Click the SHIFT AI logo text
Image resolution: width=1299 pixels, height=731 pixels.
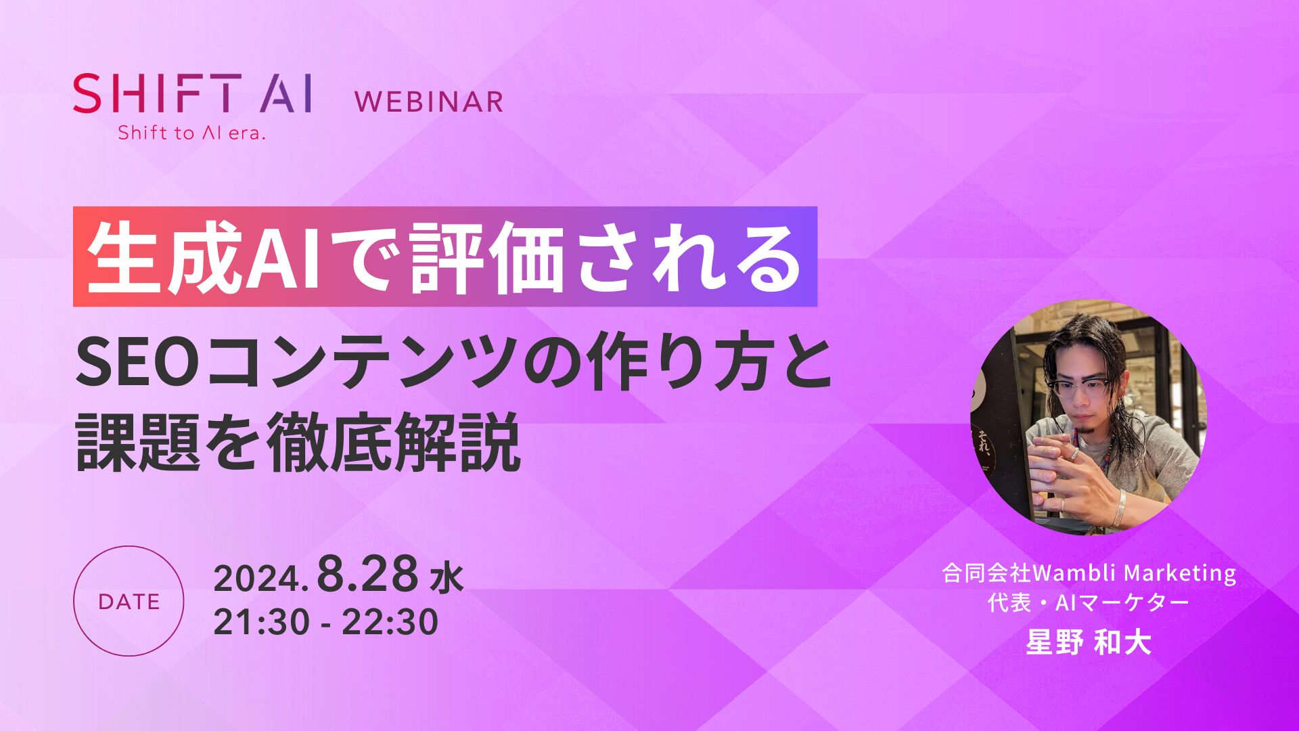tap(193, 93)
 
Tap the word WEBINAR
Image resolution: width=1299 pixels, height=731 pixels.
tap(429, 102)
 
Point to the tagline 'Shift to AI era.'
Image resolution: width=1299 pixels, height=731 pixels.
tap(191, 133)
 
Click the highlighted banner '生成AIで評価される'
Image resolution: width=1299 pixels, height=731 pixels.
tap(445, 257)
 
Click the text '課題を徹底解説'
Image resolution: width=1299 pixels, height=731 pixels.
tap(298, 443)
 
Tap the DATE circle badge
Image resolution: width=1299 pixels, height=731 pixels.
tap(129, 601)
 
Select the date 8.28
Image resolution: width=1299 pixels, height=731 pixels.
tap(368, 574)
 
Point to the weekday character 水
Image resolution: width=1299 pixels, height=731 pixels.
tap(447, 579)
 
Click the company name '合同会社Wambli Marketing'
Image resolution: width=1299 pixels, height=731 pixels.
tap(1089, 573)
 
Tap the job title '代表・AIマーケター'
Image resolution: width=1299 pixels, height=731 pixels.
tap(1089, 602)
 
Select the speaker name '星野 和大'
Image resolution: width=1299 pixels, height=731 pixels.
tap(1089, 642)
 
